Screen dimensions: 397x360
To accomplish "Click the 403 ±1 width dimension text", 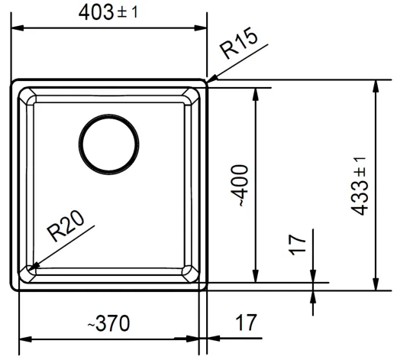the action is coord(108,13).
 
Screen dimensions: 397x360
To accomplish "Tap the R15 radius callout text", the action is coord(240,43).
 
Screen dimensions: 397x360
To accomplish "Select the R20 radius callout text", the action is coord(66,225).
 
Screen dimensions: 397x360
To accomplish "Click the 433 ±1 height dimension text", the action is coord(359,186).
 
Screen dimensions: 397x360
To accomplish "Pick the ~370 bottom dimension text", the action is coord(108,323).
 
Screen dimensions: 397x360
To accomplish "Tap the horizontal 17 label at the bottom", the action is coord(246,323).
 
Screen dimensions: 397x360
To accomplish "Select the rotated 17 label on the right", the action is coord(297,245).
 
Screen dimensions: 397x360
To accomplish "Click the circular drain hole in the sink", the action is coord(109,144).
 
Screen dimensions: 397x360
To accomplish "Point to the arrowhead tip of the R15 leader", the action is coord(208,83).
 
